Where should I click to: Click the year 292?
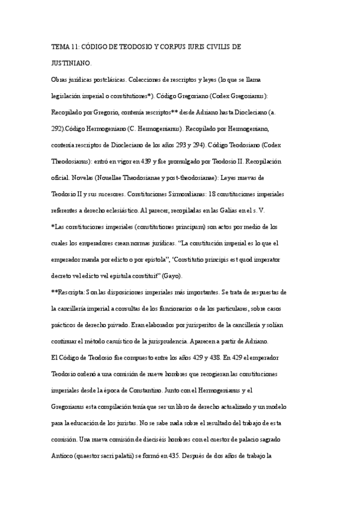tap(59, 129)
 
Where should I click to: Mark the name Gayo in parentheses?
tap(179, 275)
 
